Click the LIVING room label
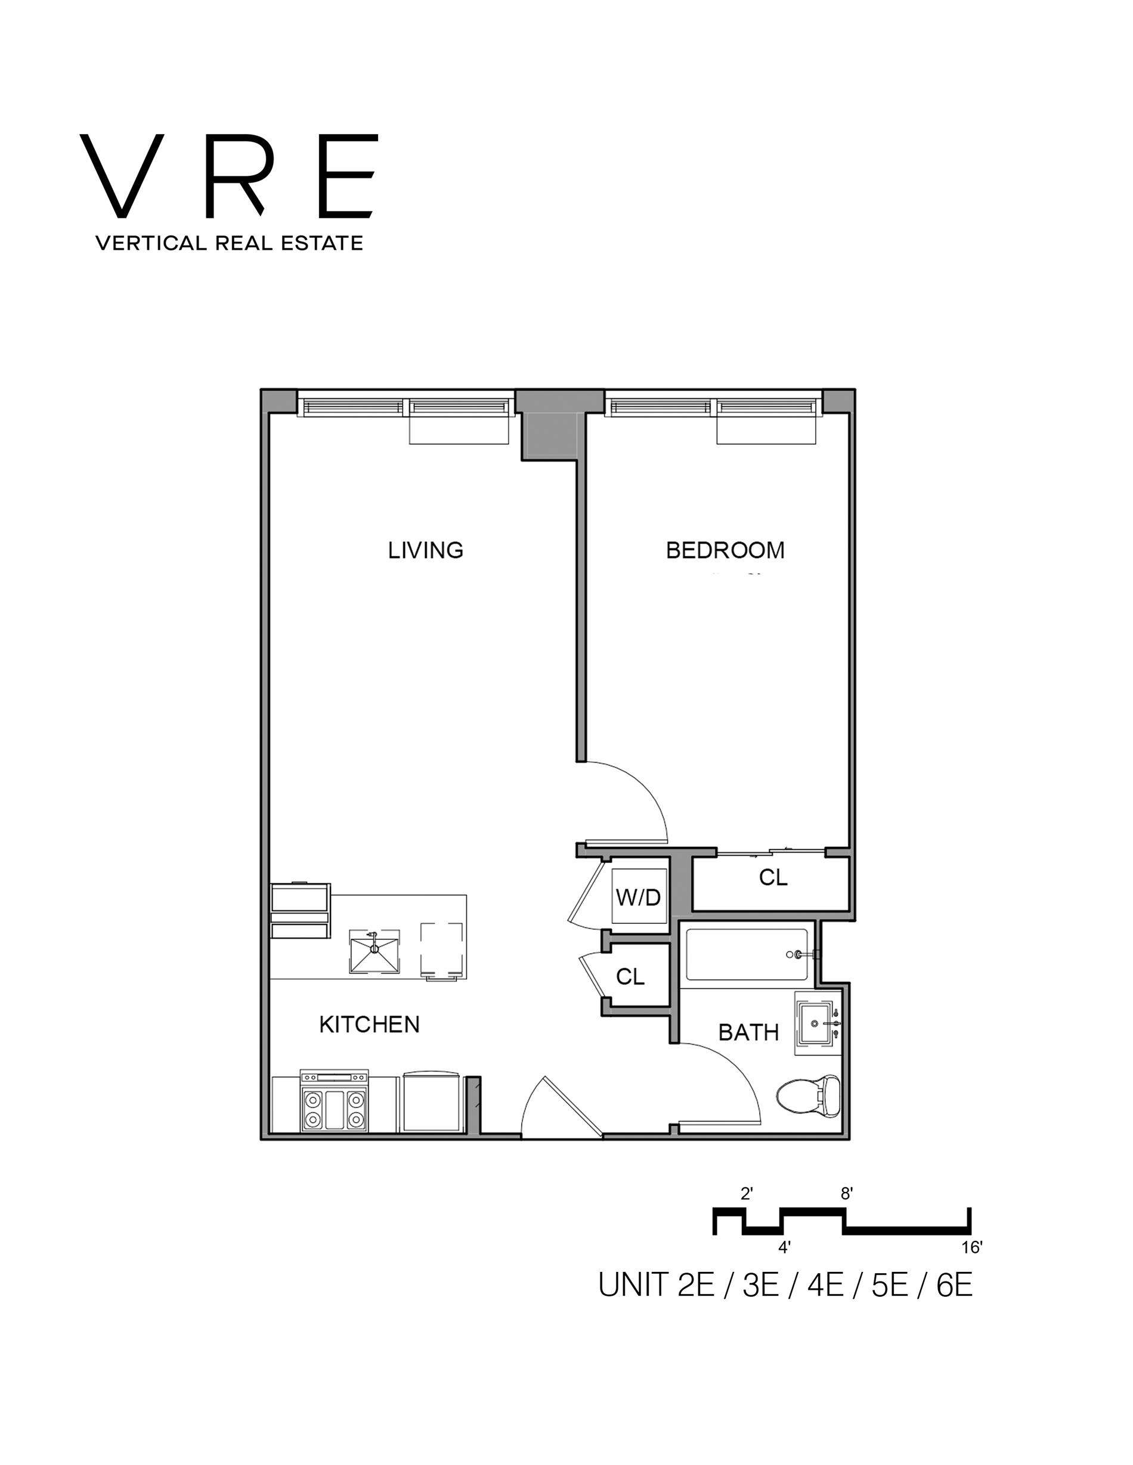[426, 550]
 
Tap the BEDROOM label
[725, 550]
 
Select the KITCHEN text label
[369, 1025]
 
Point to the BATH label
[748, 1032]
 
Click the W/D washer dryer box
[638, 897]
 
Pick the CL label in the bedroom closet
[773, 877]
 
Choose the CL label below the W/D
[630, 977]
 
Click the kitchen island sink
[374, 951]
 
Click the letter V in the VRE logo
[122, 176]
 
